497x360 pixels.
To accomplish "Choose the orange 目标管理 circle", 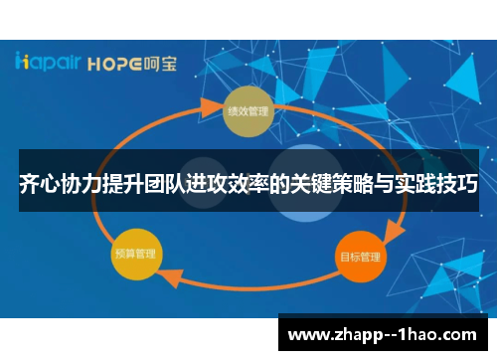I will click(359, 256).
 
